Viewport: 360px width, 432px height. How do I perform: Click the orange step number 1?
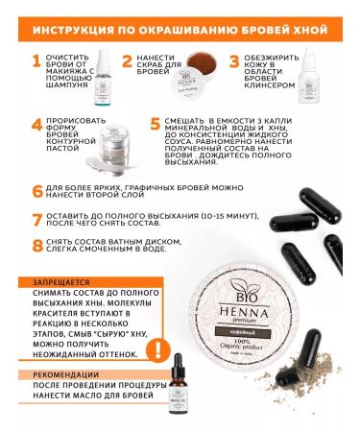point(36,63)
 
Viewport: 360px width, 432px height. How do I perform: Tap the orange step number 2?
point(127,63)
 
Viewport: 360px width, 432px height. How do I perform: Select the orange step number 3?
point(234,63)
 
